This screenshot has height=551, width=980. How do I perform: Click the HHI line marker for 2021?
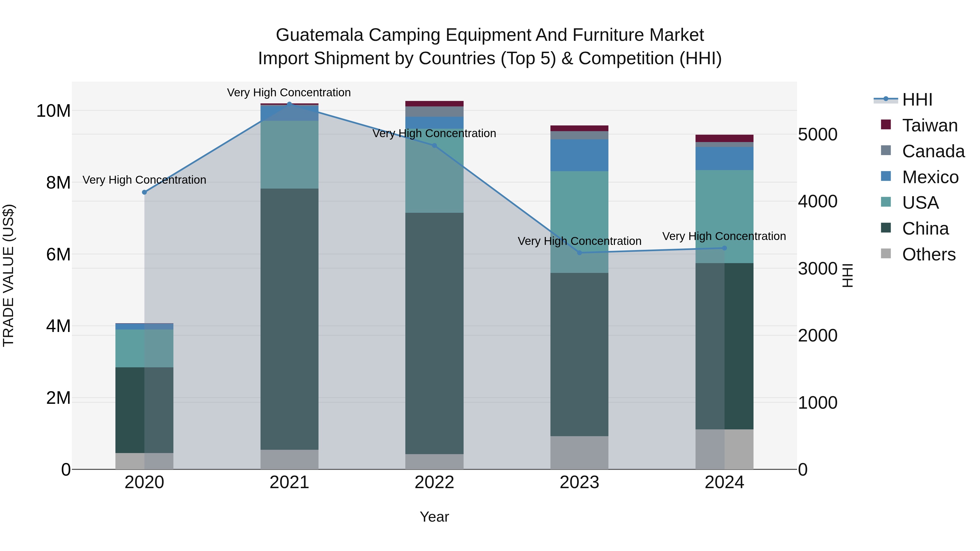click(289, 104)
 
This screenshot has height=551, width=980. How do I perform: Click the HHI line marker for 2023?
click(579, 253)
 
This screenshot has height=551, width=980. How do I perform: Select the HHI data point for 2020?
click(144, 192)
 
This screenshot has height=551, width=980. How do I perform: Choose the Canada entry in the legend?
click(933, 151)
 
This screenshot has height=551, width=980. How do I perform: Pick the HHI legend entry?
click(917, 100)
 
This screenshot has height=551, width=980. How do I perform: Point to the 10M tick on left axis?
click(53, 111)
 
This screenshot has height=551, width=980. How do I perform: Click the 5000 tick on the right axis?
click(817, 135)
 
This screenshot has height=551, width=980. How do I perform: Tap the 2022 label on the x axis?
click(434, 482)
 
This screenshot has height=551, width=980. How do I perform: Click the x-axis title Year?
click(434, 517)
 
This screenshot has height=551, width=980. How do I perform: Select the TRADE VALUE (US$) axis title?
click(8, 275)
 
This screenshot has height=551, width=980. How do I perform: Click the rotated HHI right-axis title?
click(848, 275)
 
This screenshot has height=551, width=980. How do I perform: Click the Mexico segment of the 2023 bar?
click(579, 155)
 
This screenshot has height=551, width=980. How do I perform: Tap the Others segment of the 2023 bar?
click(579, 453)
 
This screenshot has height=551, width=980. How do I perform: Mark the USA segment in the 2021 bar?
click(289, 154)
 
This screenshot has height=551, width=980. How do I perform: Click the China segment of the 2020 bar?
click(144, 410)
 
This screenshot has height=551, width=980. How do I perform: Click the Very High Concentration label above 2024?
click(724, 236)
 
